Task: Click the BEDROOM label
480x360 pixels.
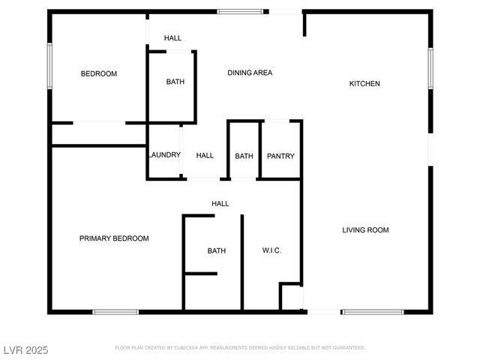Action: pyautogui.click(x=99, y=73)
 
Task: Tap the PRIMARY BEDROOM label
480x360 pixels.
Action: pyautogui.click(x=114, y=238)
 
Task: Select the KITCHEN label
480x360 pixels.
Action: pyautogui.click(x=364, y=83)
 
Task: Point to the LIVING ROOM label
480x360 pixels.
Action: pyautogui.click(x=365, y=230)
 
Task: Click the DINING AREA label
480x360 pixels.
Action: pyautogui.click(x=250, y=73)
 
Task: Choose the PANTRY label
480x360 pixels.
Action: pyautogui.click(x=280, y=156)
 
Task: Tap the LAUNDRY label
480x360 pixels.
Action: pyautogui.click(x=164, y=155)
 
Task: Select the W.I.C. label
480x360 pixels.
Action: pyautogui.click(x=271, y=250)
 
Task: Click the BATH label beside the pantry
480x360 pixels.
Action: pyautogui.click(x=244, y=156)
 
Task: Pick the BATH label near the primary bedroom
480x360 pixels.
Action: pyautogui.click(x=217, y=250)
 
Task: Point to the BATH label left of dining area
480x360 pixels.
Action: pyautogui.click(x=175, y=82)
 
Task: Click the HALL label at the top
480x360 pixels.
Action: pyautogui.click(x=172, y=38)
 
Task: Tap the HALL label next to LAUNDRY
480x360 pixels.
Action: pyautogui.click(x=205, y=155)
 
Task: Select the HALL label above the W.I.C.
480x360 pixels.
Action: pyautogui.click(x=220, y=203)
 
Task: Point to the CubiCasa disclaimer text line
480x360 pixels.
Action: pyautogui.click(x=240, y=348)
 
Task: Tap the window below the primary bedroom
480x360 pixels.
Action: pyautogui.click(x=115, y=311)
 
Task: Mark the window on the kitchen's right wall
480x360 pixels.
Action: pyautogui.click(x=430, y=67)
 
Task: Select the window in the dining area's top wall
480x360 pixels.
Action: pyautogui.click(x=240, y=11)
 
